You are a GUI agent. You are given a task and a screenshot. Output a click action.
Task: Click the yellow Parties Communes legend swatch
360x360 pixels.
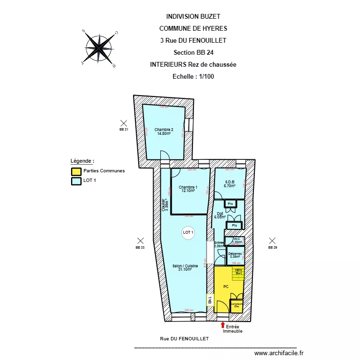click(x=76, y=171)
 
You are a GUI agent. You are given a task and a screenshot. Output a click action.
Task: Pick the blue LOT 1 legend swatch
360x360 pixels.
click(x=76, y=181)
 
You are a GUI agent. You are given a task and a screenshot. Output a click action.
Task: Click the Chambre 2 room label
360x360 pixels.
click(x=164, y=131)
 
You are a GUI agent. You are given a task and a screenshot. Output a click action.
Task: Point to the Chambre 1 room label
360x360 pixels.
click(x=188, y=189)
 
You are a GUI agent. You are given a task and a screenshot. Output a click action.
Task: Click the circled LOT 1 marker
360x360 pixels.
click(x=188, y=232)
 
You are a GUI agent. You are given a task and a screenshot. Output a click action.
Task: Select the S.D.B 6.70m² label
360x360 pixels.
click(x=230, y=183)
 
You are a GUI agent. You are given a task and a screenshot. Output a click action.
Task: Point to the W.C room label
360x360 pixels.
click(x=237, y=240)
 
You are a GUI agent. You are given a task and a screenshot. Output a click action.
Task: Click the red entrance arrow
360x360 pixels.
click(x=222, y=324)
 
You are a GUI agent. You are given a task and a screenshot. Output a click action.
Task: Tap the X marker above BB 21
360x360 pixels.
click(x=123, y=123)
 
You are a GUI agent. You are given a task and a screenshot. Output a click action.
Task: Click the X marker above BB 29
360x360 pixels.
click(x=272, y=240)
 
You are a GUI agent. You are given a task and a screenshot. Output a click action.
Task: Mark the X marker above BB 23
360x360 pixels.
click(x=140, y=240)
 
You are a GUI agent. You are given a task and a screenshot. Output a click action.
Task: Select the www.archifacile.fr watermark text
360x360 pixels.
click(x=279, y=353)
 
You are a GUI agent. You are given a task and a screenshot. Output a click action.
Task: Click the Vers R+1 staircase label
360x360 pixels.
click(x=238, y=272)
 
